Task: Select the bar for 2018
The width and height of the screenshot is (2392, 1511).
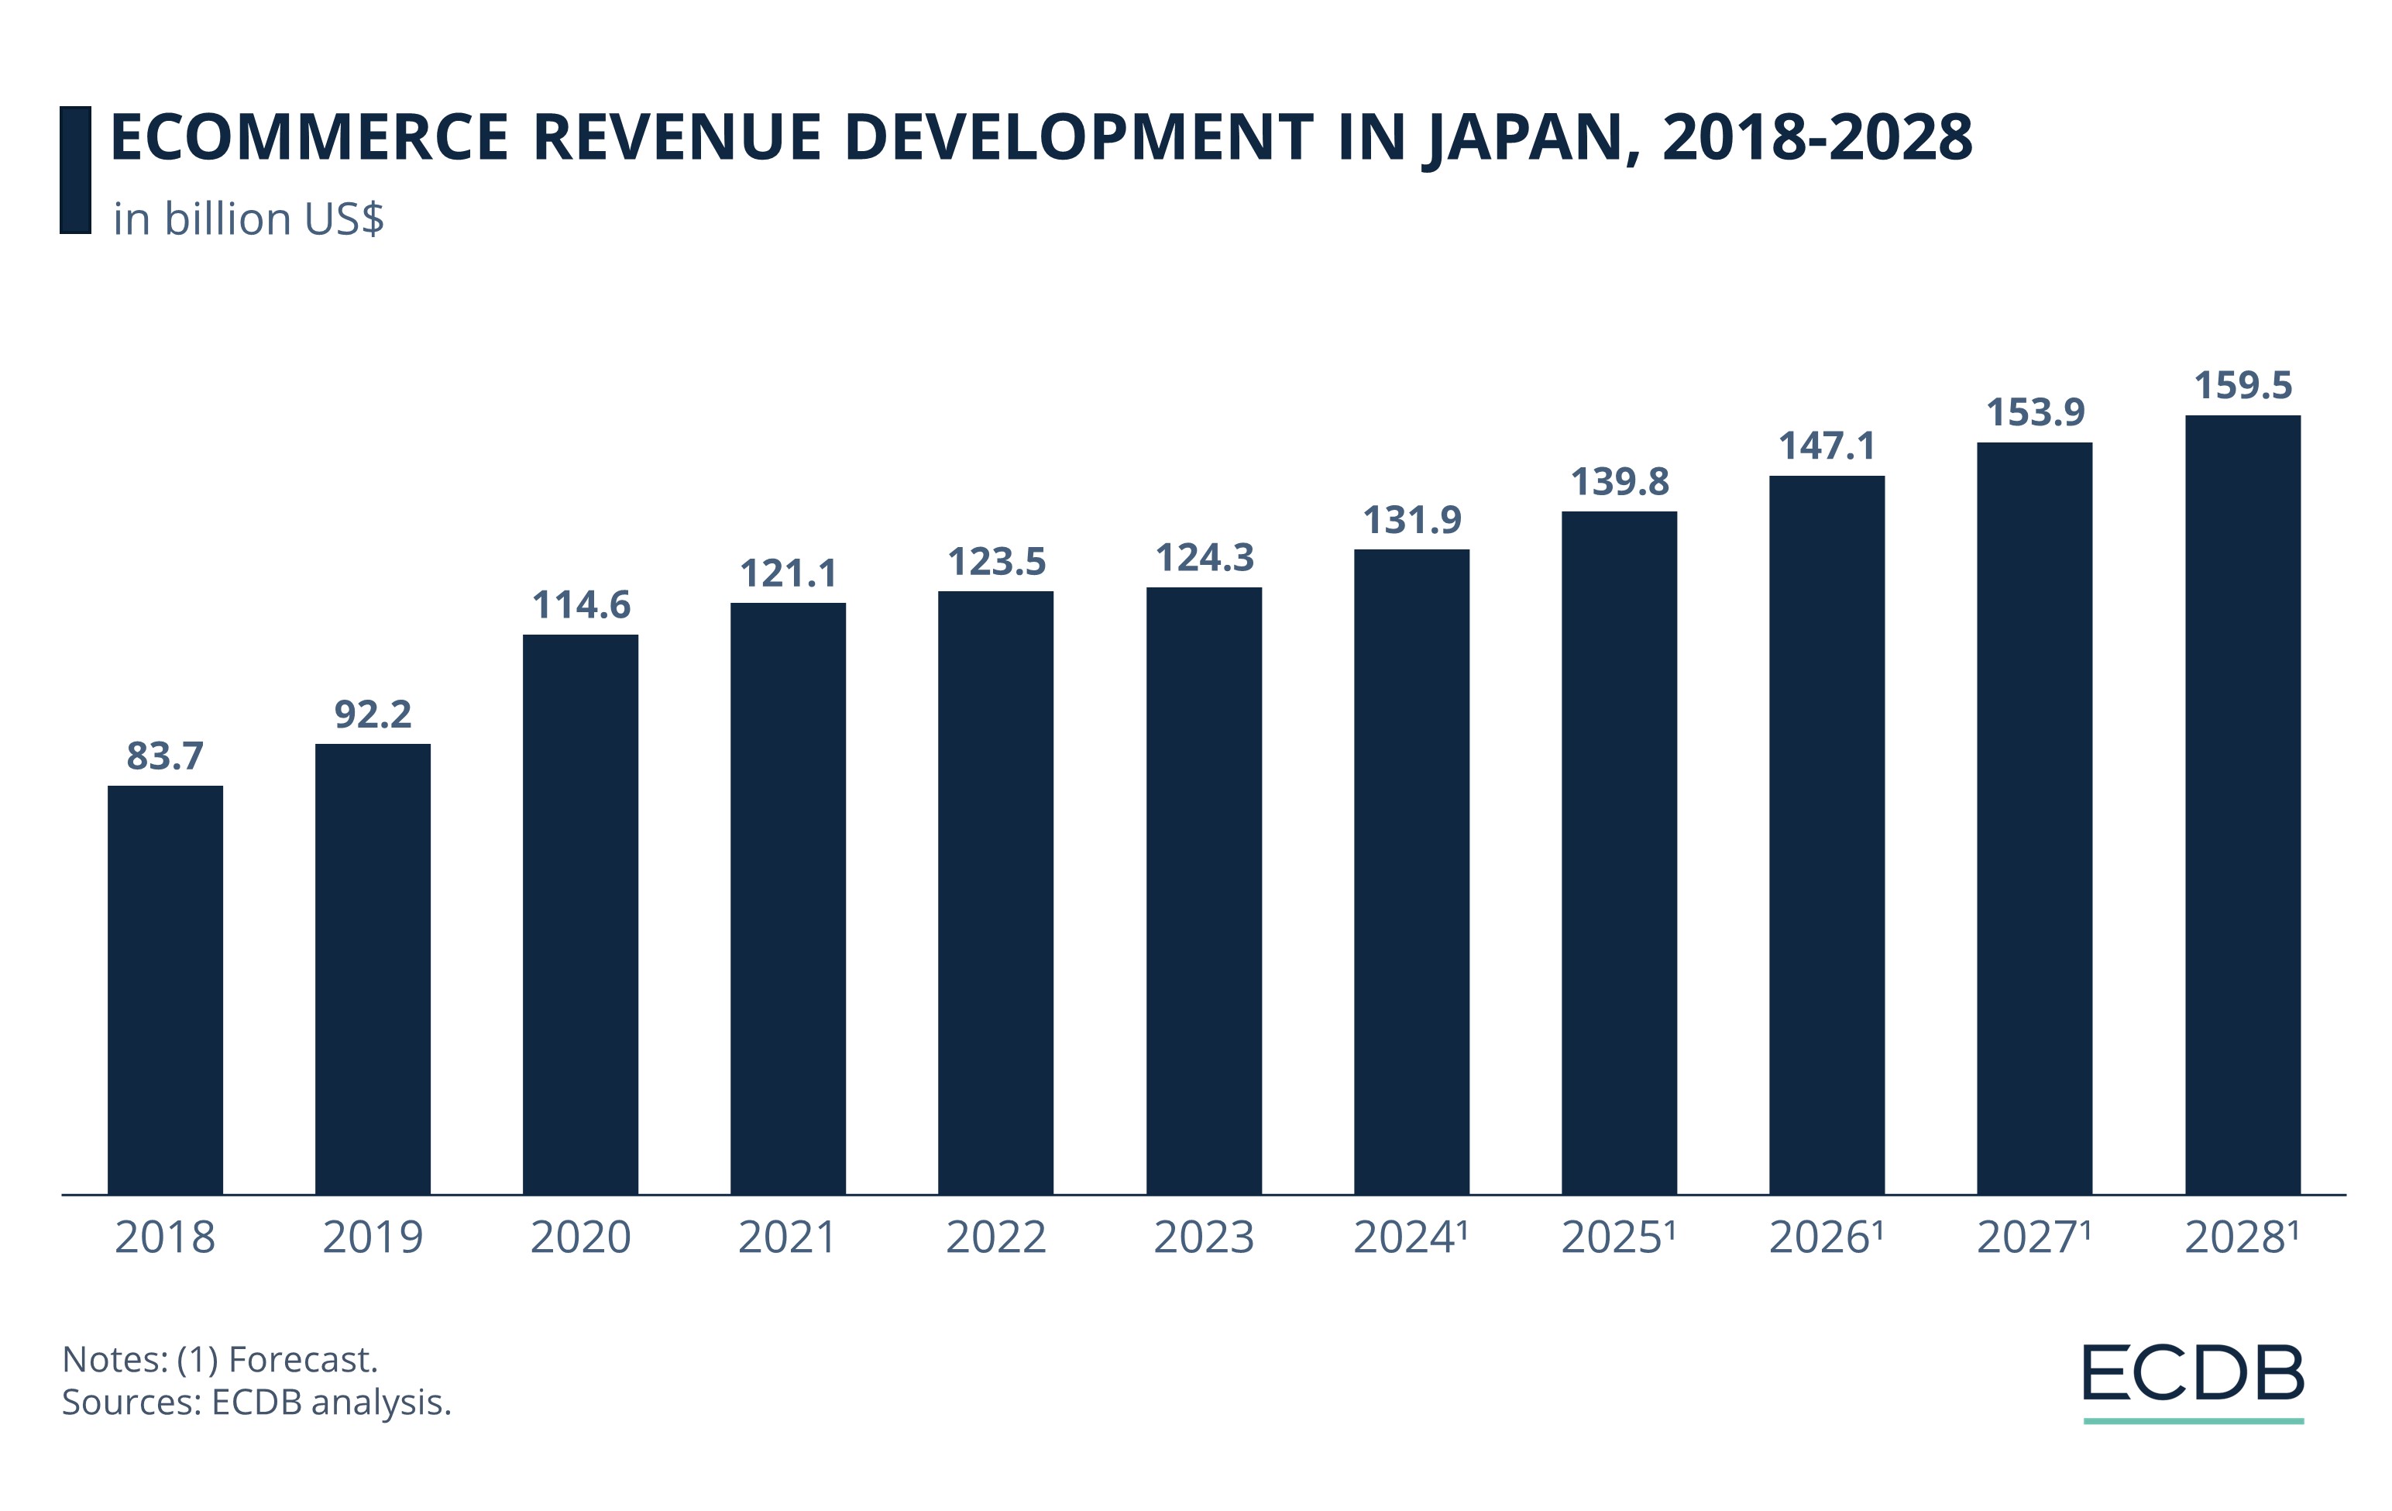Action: pos(165,990)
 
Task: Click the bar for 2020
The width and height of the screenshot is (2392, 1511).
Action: pos(580,914)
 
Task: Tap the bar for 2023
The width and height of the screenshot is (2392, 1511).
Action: pos(1204,890)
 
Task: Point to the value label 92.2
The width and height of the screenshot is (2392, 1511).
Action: pos(373,714)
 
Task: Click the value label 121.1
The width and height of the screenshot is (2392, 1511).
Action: pos(788,573)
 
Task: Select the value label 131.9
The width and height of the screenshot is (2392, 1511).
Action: pos(1411,520)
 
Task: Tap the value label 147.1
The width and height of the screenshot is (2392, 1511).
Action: pos(1827,446)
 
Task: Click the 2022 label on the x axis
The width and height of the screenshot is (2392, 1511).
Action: pos(995,1237)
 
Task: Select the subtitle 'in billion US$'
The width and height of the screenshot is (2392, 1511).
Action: pos(249,219)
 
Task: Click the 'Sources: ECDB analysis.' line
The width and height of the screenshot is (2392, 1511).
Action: pos(256,1403)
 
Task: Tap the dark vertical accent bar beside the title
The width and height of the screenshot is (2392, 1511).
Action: pos(75,170)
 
